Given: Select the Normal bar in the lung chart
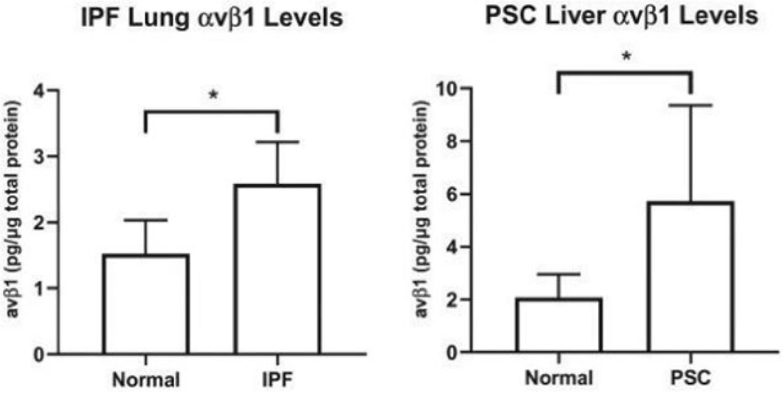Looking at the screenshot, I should click(145, 305).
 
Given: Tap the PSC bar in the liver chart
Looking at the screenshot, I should click(691, 278).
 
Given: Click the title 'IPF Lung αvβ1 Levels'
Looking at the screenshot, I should click(212, 18).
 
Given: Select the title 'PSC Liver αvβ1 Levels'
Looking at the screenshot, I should click(621, 16).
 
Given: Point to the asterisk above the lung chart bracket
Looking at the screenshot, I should click(213, 95).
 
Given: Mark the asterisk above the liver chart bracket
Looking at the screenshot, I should click(626, 56).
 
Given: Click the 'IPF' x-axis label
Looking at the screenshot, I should click(278, 379).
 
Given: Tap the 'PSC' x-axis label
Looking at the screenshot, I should click(691, 378).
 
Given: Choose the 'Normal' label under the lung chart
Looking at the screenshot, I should click(146, 379).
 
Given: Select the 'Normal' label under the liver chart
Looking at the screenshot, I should click(559, 378).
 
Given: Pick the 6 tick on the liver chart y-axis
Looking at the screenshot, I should click(452, 194).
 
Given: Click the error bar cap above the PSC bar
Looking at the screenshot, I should click(691, 105).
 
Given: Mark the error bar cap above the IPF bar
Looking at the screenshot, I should click(278, 142).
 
